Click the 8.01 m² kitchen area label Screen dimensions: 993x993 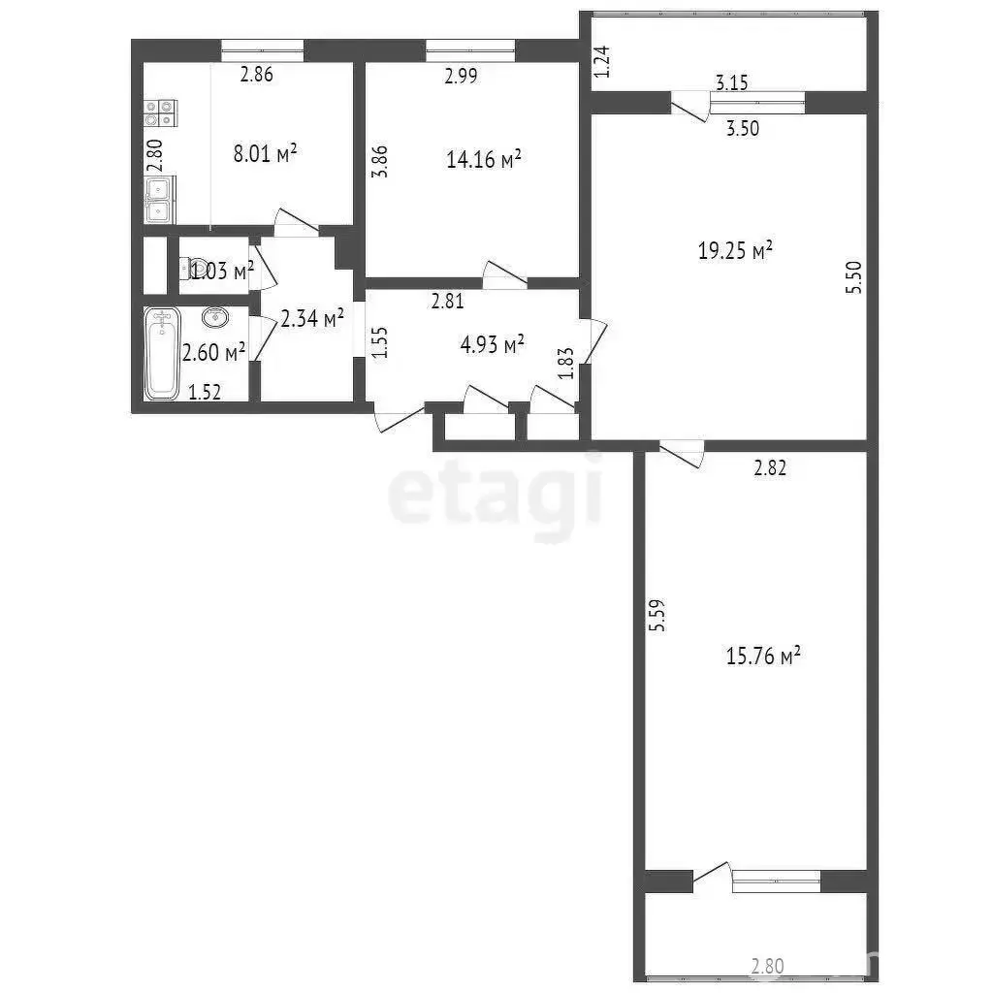click(x=266, y=153)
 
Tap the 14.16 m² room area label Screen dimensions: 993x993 click(x=484, y=158)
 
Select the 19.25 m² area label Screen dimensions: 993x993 click(x=735, y=250)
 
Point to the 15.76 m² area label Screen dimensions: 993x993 click(x=763, y=655)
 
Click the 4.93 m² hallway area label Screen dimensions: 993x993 click(x=492, y=344)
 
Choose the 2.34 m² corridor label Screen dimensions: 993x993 click(x=312, y=318)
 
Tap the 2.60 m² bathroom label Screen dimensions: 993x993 click(x=214, y=352)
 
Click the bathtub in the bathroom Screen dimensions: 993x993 click(x=162, y=353)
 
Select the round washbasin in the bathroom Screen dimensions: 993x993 click(x=216, y=317)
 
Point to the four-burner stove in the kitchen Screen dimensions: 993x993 click(x=160, y=112)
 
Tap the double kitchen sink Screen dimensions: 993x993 click(x=160, y=200)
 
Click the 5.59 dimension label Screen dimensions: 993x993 click(x=657, y=615)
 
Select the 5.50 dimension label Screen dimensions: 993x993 click(x=853, y=276)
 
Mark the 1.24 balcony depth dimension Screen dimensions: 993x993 click(x=602, y=61)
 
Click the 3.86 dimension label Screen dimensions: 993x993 click(x=379, y=162)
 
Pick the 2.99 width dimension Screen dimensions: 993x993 click(x=461, y=76)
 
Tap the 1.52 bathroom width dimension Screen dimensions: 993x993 click(x=205, y=392)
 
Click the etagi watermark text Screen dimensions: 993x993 click(x=495, y=494)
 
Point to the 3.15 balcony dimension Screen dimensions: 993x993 click(x=732, y=82)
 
